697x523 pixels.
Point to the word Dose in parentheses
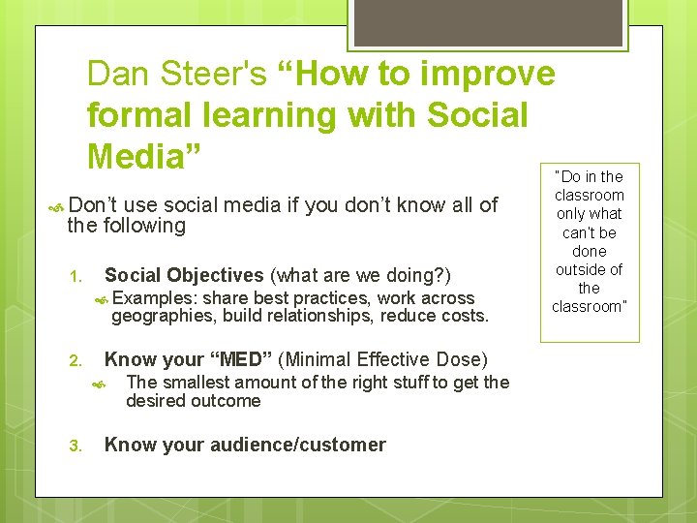click(459, 359)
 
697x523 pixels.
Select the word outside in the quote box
click(589, 269)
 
